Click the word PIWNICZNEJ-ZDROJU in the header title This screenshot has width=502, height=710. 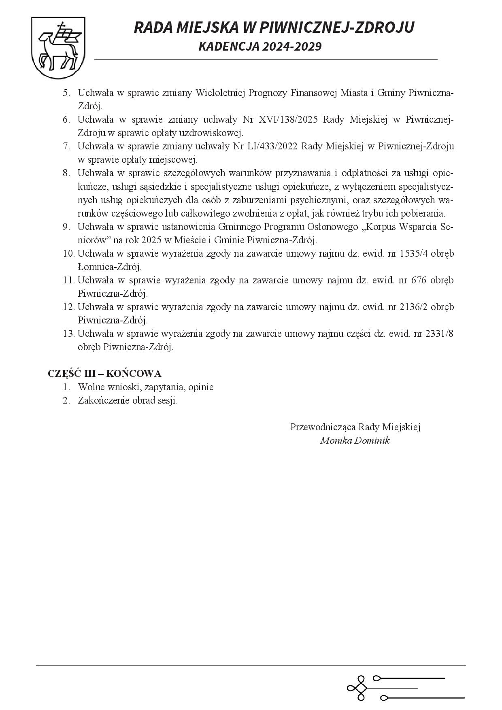click(336, 28)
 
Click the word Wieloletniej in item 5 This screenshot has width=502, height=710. click(220, 93)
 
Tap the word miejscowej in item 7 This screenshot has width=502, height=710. click(177, 159)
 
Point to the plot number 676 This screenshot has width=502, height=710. click(419, 280)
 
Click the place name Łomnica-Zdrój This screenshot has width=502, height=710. click(109, 267)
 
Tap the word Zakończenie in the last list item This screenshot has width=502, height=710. click(101, 400)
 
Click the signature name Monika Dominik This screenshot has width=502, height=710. click(355, 440)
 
